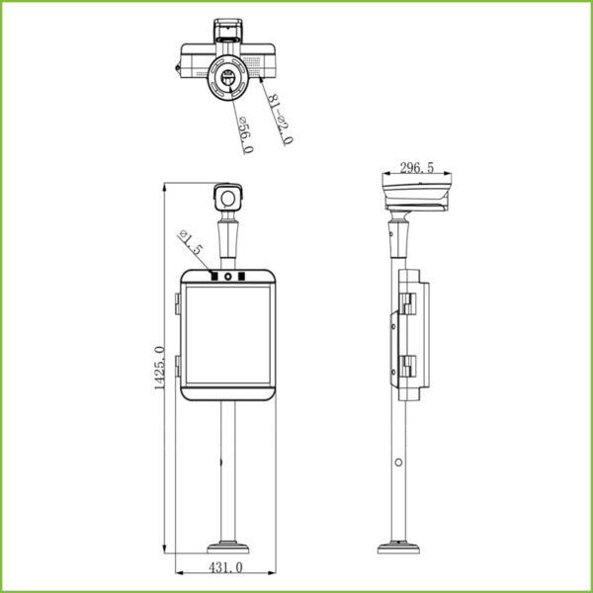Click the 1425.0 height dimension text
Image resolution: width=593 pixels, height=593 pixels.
pyautogui.click(x=159, y=368)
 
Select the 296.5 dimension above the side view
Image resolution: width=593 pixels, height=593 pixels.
pyautogui.click(x=416, y=168)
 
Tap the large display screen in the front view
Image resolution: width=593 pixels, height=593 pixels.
pyautogui.click(x=227, y=333)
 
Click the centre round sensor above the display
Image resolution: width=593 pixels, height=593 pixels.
pyautogui.click(x=227, y=276)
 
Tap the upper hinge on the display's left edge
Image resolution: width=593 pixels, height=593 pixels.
pyautogui.click(x=178, y=299)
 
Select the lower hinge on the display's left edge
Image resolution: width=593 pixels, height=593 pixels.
pyautogui.click(x=178, y=367)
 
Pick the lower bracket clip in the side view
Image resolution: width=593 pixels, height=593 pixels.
pyautogui.click(x=407, y=367)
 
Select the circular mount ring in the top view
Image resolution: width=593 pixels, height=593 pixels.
pyautogui.click(x=226, y=79)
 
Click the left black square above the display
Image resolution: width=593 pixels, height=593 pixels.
pyautogui.click(x=213, y=276)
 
